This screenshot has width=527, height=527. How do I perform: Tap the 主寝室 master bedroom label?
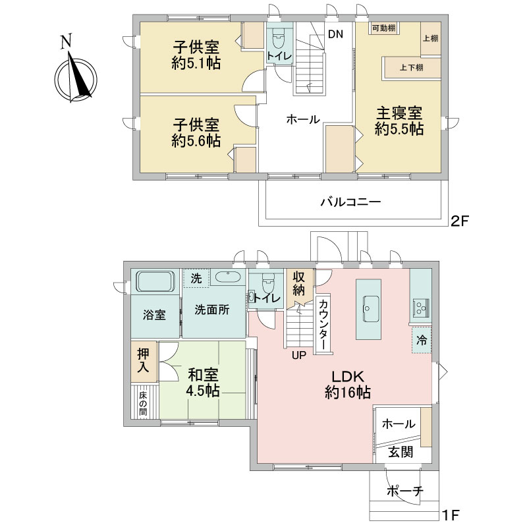point(399,113)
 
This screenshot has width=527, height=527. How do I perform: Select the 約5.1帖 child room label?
point(196,63)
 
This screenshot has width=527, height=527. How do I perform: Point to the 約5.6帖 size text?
point(196,140)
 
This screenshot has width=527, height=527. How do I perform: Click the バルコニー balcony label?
point(350,202)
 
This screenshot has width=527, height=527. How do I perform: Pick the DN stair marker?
point(335,34)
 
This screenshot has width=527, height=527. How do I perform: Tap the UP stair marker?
point(299,355)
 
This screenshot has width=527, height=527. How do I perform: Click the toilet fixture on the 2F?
point(278,38)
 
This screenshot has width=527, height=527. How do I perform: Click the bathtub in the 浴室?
point(155,281)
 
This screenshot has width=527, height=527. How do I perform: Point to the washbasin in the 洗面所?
point(228,277)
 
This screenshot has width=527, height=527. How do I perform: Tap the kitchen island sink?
point(369,309)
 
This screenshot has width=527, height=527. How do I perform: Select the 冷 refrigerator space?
point(422,340)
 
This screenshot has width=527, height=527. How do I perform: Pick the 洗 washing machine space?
point(196,277)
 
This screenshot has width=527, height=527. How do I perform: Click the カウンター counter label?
point(323,325)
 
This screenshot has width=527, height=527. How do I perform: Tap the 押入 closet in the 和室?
point(144,361)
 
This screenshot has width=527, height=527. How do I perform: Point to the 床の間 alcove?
point(144,401)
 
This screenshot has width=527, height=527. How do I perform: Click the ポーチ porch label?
point(404,491)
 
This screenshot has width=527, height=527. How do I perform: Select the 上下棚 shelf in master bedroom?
point(412,68)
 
